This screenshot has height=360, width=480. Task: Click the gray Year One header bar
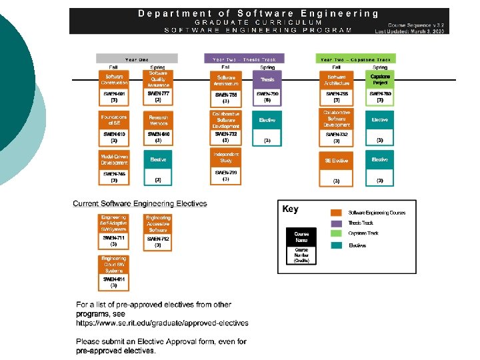[x=137, y=59]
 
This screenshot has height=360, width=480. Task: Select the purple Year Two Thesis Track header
[x=244, y=59]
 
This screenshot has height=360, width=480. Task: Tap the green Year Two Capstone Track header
[x=355, y=59]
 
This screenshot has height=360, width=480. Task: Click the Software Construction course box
[x=114, y=80]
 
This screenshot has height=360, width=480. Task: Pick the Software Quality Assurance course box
[x=158, y=80]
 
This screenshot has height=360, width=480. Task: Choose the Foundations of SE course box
[x=114, y=120]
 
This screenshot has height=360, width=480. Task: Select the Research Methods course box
[x=158, y=120]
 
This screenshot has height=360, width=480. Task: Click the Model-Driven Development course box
[x=114, y=159]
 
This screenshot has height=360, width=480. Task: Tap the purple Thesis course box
[x=267, y=80]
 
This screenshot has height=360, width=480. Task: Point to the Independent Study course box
[x=226, y=157]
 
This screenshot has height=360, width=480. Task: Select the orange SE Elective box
[x=337, y=160]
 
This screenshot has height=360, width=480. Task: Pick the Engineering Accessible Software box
[x=158, y=224]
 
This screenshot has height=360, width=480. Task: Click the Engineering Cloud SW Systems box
[x=114, y=263]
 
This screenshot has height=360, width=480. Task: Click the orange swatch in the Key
[x=337, y=212]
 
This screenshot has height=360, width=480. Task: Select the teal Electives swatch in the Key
[x=337, y=245]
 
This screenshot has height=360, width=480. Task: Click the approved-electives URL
[x=162, y=323]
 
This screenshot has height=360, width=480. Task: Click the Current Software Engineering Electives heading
[x=140, y=203]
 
